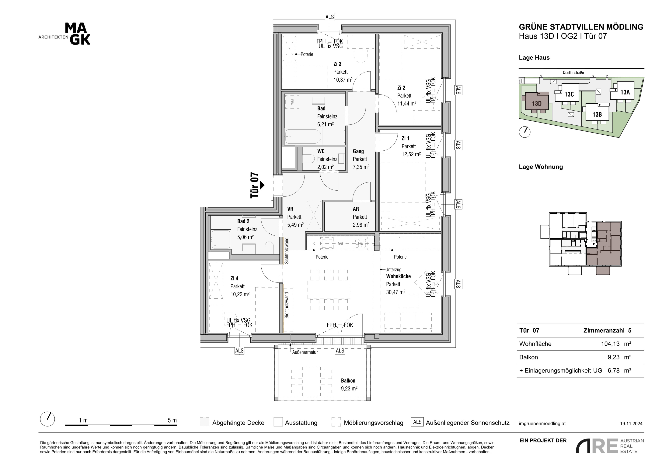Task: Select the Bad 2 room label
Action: coord(243,221)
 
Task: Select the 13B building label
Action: coord(597,114)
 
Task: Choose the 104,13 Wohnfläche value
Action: coord(610,344)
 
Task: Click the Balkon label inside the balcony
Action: coord(348,381)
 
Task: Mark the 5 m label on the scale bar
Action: coord(172,421)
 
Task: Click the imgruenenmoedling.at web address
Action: coord(542,424)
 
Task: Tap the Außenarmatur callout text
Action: coord(305,352)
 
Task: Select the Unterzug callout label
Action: coord(393,270)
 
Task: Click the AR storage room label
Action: coord(356,209)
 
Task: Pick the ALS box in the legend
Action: coord(417,422)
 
